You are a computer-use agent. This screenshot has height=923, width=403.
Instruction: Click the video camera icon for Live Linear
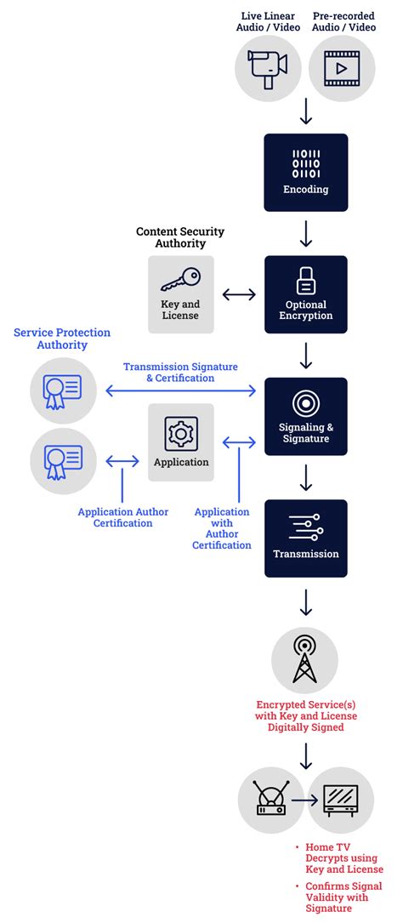coord(268,68)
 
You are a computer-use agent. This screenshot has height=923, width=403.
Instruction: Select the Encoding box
coord(306,173)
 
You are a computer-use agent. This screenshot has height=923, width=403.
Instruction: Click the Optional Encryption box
coord(306,294)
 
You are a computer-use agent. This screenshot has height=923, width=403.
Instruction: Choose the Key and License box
coord(180,294)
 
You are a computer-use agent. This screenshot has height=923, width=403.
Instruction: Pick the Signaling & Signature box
coord(306,417)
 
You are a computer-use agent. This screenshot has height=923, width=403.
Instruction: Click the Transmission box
coord(306,538)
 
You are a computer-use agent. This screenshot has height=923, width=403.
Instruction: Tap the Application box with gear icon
coord(181,442)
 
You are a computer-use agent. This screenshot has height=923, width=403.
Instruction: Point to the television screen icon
coord(341,800)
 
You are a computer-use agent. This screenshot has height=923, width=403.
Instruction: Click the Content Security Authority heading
coord(180,237)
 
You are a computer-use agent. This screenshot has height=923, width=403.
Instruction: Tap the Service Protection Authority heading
coord(62,339)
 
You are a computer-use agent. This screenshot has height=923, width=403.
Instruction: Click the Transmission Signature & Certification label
coord(180,372)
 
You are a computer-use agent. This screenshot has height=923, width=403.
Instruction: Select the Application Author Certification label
coord(122,517)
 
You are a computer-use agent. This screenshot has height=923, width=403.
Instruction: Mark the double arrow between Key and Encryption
coord(239,294)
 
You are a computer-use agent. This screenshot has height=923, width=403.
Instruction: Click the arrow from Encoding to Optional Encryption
coord(306,233)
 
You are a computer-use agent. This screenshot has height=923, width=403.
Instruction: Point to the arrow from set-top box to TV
coord(304,800)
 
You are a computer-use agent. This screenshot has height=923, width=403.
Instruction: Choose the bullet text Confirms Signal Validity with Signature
coord(344,897)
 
